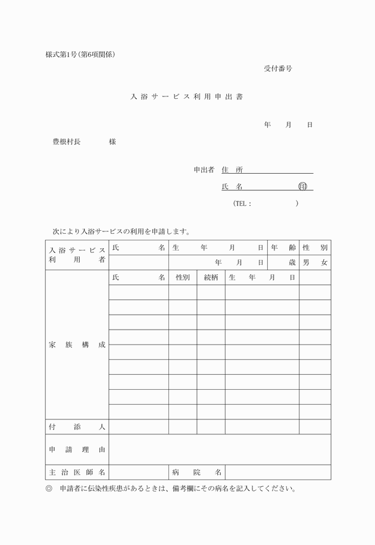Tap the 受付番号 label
pos(278,68)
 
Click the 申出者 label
pos(204,170)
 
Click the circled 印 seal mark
pos(302,187)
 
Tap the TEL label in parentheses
pos(242,203)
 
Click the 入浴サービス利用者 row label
pos(77,255)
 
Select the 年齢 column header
pos(283,248)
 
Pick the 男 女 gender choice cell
pos(315,262)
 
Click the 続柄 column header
pos(211,278)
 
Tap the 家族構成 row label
pos(77,345)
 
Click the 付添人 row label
pos(77,427)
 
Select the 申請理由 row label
pos(77,450)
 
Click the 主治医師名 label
pos(77,472)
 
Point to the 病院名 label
pos(196,472)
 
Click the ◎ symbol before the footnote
pos(49,489)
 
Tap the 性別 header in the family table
pos(183,278)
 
